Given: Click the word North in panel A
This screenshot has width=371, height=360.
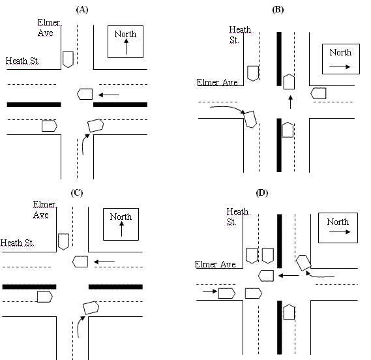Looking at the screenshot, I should pos(126,34).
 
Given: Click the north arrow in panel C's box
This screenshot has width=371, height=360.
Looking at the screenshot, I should pos(121,230).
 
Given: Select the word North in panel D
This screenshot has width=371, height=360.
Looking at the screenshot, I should pos(338,222).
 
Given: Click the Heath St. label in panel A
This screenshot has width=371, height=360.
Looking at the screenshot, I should pos(23,61).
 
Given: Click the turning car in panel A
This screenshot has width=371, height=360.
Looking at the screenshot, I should pos(96,123).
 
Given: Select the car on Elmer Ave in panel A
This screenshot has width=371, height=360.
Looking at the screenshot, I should pos(67,59).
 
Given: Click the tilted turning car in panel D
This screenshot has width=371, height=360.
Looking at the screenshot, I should pos(303,263).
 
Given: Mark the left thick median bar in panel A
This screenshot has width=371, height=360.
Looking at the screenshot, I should pos(33,104).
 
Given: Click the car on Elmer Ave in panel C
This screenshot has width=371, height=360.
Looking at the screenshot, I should pos(63,242).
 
